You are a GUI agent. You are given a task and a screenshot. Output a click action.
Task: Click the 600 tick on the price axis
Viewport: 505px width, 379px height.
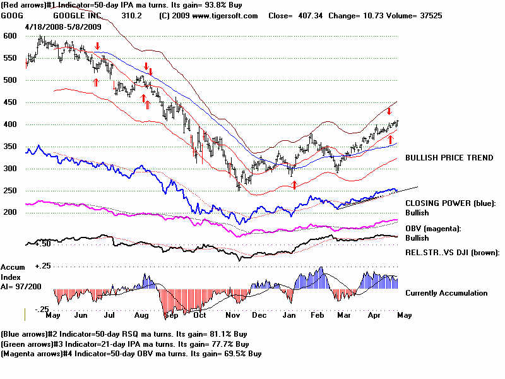click(x=9, y=36)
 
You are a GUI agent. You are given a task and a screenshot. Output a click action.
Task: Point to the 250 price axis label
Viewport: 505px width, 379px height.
click(x=9, y=191)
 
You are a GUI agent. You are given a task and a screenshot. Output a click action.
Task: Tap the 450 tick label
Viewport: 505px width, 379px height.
click(x=9, y=102)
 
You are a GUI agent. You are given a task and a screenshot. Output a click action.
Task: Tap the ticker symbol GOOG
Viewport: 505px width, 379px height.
click(x=13, y=15)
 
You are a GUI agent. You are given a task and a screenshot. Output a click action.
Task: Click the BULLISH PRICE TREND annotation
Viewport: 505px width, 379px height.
click(x=449, y=157)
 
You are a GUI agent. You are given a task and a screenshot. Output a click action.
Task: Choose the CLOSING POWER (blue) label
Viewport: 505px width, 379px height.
click(x=451, y=203)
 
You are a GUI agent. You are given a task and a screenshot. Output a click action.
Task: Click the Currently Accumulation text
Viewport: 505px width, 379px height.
click(x=446, y=293)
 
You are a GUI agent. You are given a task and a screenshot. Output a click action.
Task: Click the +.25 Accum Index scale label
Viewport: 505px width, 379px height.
click(x=42, y=267)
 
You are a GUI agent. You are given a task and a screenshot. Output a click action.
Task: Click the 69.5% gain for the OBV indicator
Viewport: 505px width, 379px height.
click(x=232, y=354)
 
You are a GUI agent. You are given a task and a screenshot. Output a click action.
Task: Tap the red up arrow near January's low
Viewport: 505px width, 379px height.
click(x=294, y=184)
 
